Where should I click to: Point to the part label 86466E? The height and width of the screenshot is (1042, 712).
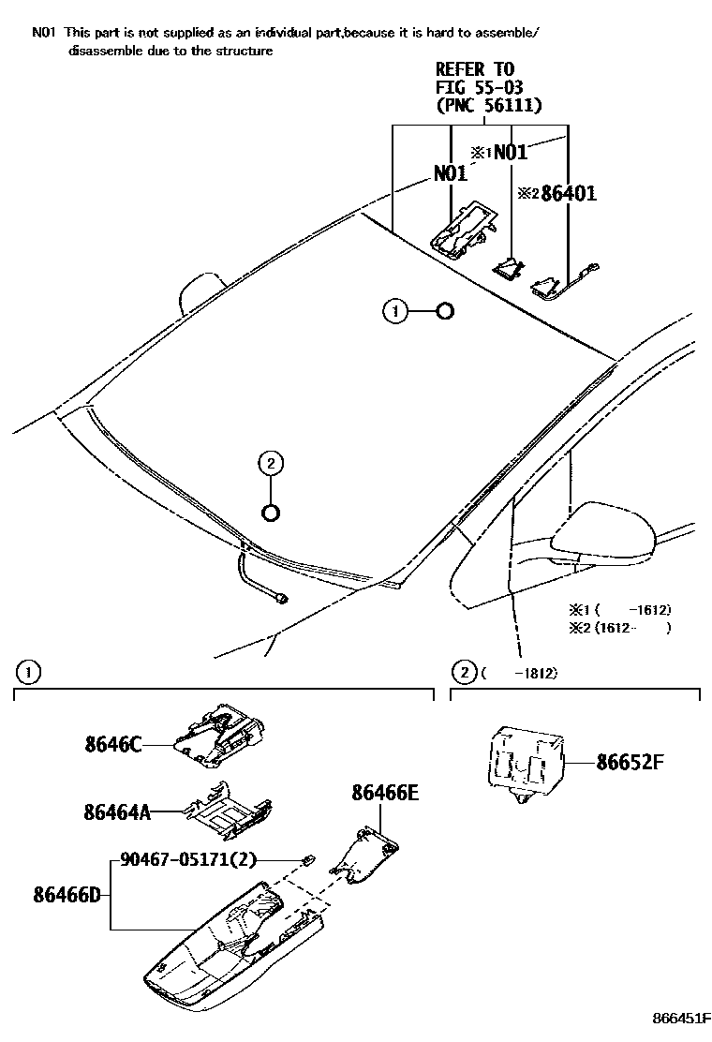tap(385, 794)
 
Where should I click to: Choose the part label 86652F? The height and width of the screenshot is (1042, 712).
tap(630, 762)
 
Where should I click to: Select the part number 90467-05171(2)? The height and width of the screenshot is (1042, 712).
tap(188, 859)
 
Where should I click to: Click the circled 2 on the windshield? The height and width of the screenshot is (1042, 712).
tap(270, 462)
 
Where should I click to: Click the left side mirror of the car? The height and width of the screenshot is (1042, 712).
tap(200, 292)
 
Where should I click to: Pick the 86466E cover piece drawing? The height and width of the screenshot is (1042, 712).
tap(367, 855)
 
